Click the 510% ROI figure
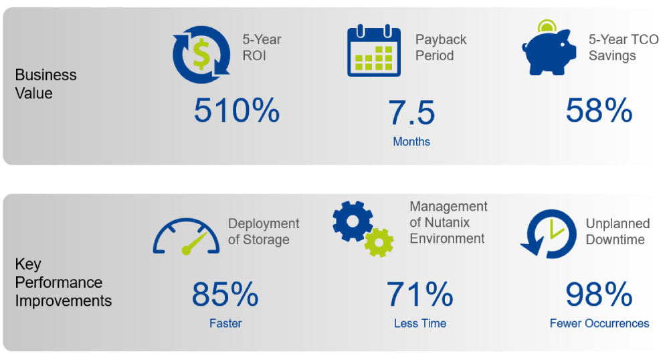pyautogui.click(x=237, y=110)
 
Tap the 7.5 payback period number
pyautogui.click(x=411, y=113)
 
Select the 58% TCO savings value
pyautogui.click(x=599, y=110)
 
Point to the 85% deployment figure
pyautogui.click(x=225, y=294)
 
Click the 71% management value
pyautogui.click(x=420, y=294)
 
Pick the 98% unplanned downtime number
pyautogui.click(x=599, y=294)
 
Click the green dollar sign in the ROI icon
pyautogui.click(x=201, y=54)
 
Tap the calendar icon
pyautogui.click(x=374, y=51)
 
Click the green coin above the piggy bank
pyautogui.click(x=547, y=25)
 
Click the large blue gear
pyautogui.click(x=353, y=221)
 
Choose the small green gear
pyautogui.click(x=379, y=242)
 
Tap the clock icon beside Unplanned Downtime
pyautogui.click(x=549, y=234)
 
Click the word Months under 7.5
pyautogui.click(x=411, y=142)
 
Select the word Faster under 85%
pyautogui.click(x=225, y=323)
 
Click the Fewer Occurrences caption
pyautogui.click(x=599, y=323)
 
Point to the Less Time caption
pyautogui.click(x=420, y=323)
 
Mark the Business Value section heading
pyautogui.click(x=45, y=84)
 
